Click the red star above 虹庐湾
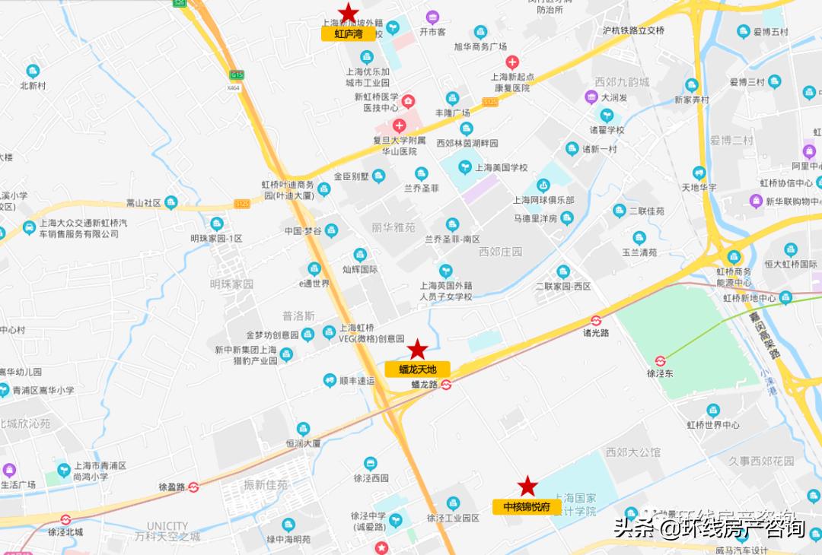[349, 13]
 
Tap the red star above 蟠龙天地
[417, 350]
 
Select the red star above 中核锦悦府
[527, 487]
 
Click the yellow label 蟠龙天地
[417, 369]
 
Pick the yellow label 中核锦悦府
[527, 506]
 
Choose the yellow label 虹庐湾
[349, 33]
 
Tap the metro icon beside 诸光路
[596, 321]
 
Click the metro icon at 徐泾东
[661, 361]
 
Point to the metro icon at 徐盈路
[194, 487]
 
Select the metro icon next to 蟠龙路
[447, 385]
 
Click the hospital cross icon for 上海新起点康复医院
[512, 62]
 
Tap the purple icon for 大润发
[591, 97]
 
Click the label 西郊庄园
[501, 252]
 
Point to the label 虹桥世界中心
[713, 425]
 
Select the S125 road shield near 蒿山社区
[242, 204]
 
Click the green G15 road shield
[237, 75]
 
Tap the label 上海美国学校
[501, 167]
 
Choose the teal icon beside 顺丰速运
[329, 379]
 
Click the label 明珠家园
[231, 284]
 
